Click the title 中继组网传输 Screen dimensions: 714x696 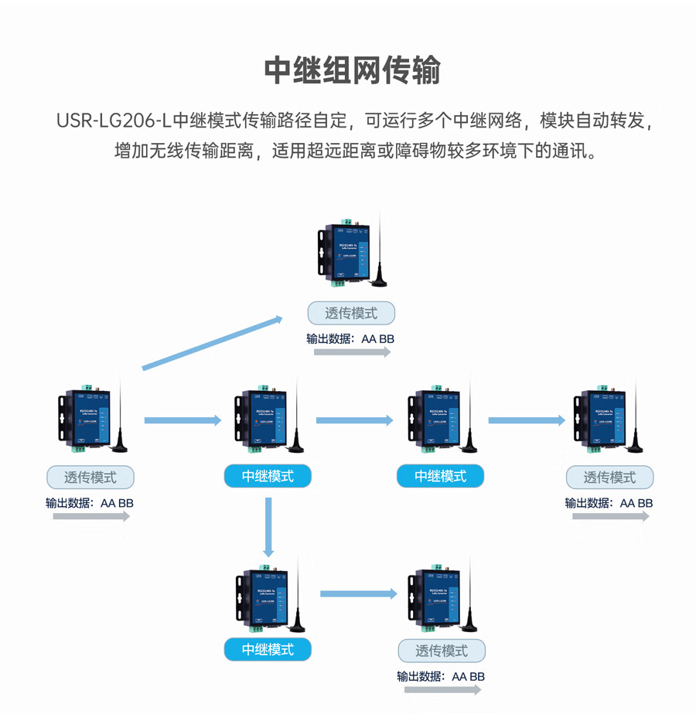click(352, 70)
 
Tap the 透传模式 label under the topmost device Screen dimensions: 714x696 click(351, 313)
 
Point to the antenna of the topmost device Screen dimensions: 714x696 click(380, 247)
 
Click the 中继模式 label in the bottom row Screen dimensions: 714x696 click(268, 649)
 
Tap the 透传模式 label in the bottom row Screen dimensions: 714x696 click(442, 651)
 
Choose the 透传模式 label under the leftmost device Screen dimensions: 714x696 click(90, 478)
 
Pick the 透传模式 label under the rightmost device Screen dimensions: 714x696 click(609, 478)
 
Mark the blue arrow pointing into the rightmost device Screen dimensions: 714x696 click(526, 420)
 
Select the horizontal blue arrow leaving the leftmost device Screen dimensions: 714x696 click(183, 420)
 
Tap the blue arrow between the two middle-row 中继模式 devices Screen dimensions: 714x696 click(354, 420)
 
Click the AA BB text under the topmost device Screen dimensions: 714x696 click(377, 338)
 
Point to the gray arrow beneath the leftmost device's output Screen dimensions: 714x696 click(91, 516)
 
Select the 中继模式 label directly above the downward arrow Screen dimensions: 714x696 click(268, 476)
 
